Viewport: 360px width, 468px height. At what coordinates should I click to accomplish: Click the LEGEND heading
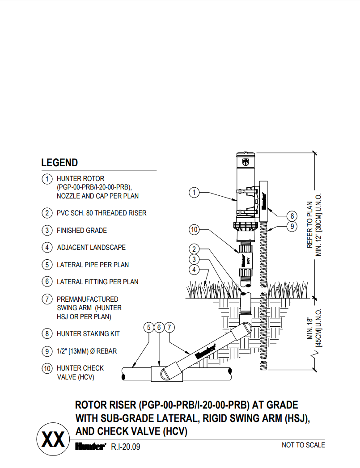click(x=59, y=163)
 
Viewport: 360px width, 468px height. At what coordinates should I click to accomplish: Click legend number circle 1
click(x=47, y=179)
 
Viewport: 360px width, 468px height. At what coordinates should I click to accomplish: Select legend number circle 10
click(x=47, y=369)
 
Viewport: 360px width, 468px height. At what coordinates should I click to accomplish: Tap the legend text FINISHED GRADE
click(x=82, y=231)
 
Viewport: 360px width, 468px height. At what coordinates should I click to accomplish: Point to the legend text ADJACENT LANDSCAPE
click(x=91, y=248)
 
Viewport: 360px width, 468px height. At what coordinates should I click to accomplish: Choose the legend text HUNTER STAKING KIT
click(x=88, y=334)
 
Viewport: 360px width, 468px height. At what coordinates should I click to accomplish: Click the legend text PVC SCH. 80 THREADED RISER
click(x=102, y=213)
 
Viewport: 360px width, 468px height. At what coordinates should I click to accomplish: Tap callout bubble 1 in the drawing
click(x=194, y=193)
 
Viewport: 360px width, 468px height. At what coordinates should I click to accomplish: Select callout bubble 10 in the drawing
click(x=194, y=230)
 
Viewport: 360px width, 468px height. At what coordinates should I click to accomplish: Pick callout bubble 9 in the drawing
click(x=291, y=227)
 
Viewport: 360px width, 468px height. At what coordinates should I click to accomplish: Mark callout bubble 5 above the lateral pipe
click(x=149, y=328)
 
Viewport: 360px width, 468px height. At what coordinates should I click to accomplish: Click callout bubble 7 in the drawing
click(x=169, y=328)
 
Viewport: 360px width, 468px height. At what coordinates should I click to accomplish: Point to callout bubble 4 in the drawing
click(x=194, y=270)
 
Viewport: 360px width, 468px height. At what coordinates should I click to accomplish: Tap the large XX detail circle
click(x=53, y=439)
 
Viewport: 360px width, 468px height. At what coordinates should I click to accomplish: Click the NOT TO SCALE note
click(x=303, y=445)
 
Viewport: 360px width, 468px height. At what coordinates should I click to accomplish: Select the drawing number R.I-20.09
click(x=126, y=446)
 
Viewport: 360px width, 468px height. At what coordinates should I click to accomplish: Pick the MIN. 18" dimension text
click(x=309, y=329)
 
